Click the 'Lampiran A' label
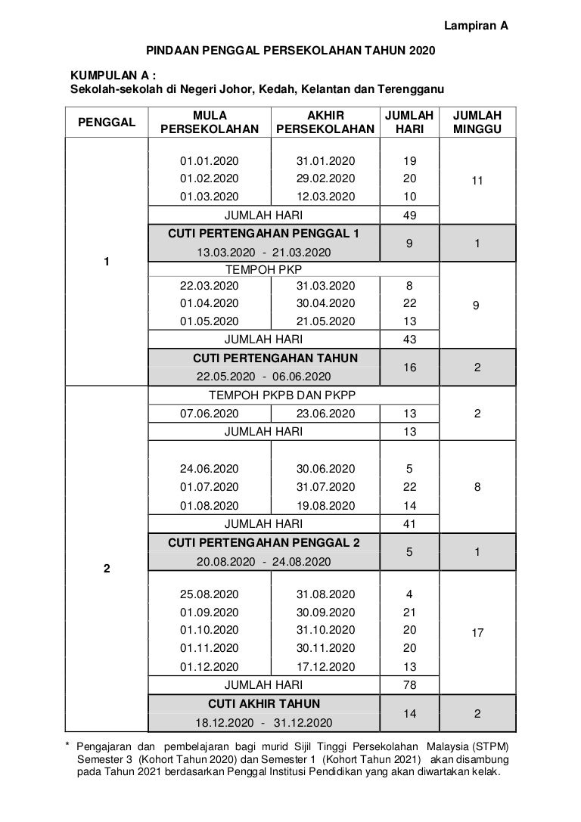pyautogui.click(x=474, y=26)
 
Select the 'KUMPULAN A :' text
pyautogui.click(x=113, y=76)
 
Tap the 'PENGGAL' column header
pyautogui.click(x=107, y=122)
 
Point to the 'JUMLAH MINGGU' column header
pyautogui.click(x=477, y=122)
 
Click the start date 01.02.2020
pyautogui.click(x=209, y=179)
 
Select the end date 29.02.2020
pyautogui.click(x=325, y=179)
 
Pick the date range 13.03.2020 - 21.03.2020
pyautogui.click(x=263, y=252)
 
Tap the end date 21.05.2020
pyautogui.click(x=325, y=321)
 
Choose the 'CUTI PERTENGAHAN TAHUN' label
pyautogui.click(x=275, y=358)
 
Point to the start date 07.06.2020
pyautogui.click(x=209, y=414)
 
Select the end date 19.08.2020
pyautogui.click(x=325, y=505)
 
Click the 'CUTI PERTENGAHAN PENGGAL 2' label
pyautogui.click(x=263, y=543)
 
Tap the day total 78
pyautogui.click(x=410, y=685)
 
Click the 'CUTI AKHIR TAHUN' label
pyautogui.click(x=263, y=704)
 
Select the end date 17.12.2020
pyautogui.click(x=325, y=667)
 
